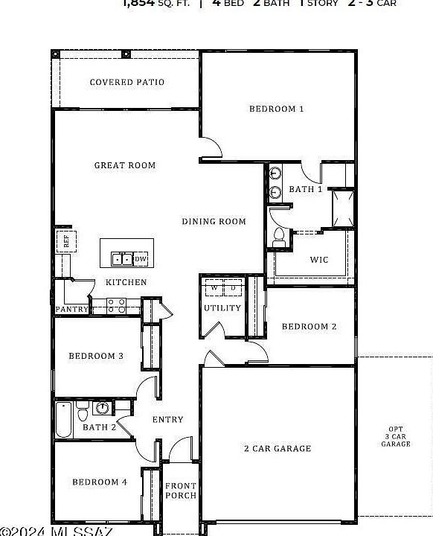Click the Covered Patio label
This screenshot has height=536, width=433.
click(127, 82)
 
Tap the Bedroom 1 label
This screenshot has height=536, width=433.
click(276, 109)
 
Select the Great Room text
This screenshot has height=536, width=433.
click(125, 165)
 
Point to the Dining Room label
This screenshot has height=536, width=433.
click(214, 221)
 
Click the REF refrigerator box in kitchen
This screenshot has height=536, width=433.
click(65, 240)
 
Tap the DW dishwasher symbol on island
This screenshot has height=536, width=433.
click(141, 259)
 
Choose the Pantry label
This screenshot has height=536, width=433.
click(72, 309)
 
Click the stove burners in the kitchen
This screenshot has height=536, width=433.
click(116, 305)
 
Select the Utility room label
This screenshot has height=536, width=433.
click(222, 307)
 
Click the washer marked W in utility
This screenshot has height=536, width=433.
click(214, 288)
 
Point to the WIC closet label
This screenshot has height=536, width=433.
click(318, 260)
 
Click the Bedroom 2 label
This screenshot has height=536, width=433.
click(309, 326)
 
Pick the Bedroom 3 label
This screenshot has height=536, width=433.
click(96, 356)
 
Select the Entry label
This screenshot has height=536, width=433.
click(167, 420)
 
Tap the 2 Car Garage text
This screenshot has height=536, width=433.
click(278, 448)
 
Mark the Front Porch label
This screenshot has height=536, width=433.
click(181, 490)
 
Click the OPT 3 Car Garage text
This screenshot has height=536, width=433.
click(396, 436)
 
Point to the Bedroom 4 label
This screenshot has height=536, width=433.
click(100, 482)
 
